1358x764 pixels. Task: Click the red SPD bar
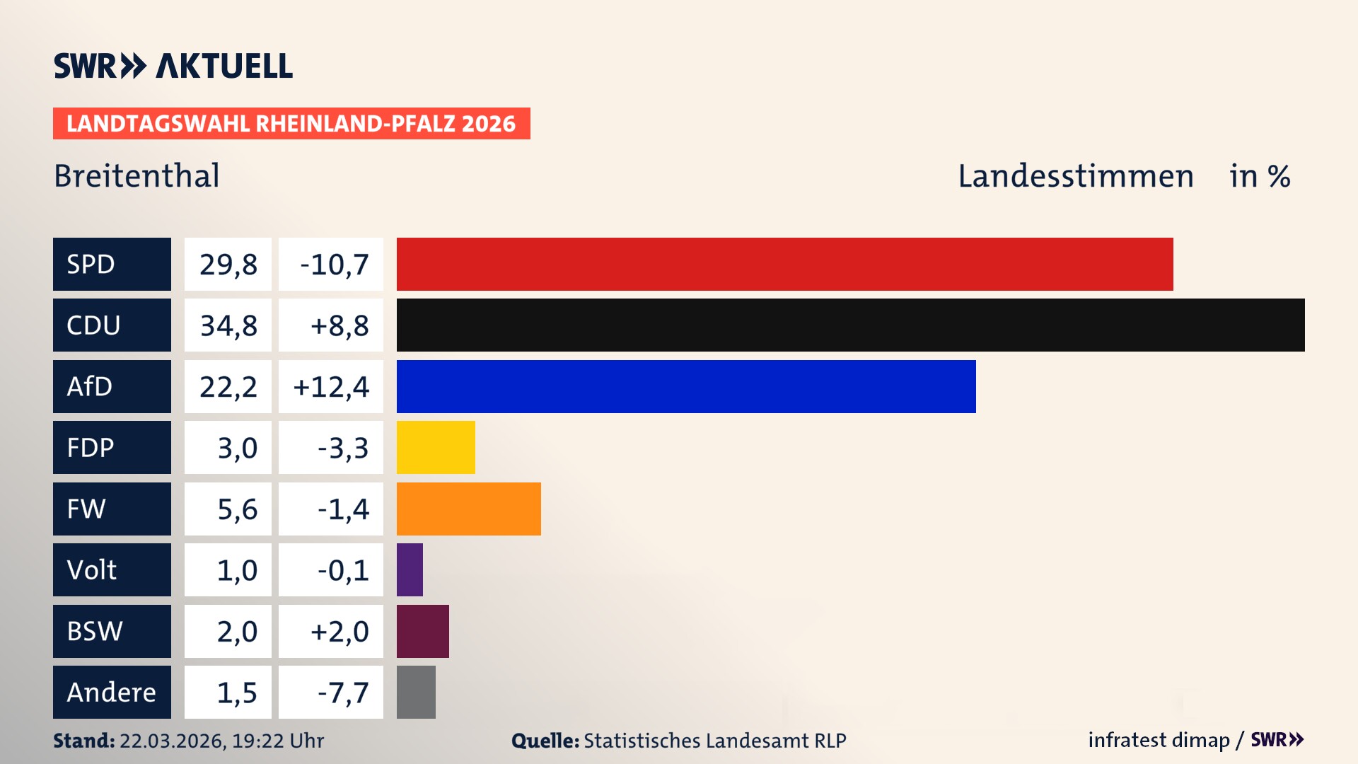784,264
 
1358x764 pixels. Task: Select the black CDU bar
850,325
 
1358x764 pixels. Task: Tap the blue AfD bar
686,386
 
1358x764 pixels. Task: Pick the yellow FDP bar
436,447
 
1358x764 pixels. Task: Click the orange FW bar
468,509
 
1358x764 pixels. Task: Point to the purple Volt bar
410,569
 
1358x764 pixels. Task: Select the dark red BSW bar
422,631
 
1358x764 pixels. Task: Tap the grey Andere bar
416,692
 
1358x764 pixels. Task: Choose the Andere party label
112,692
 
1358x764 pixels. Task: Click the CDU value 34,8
228,325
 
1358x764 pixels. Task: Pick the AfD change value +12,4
331,387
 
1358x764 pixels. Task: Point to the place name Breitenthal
137,176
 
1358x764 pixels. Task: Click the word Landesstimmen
1075,176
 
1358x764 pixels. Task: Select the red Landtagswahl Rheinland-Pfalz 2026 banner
291,124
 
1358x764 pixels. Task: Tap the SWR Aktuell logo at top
173,66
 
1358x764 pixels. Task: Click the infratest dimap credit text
1159,740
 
